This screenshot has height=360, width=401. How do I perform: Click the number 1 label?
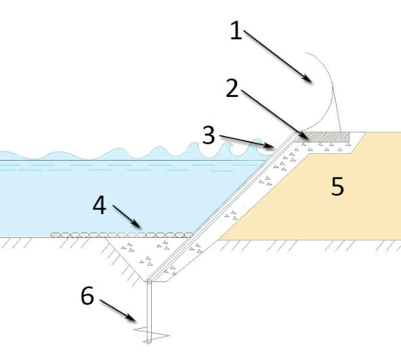[x=236, y=31]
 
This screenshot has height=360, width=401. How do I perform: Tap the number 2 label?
[x=232, y=88]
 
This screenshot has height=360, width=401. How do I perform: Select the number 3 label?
[x=209, y=135]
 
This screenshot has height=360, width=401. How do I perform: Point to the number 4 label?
[x=100, y=205]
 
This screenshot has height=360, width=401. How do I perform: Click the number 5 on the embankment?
[x=337, y=186]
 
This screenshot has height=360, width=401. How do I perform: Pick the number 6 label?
[x=87, y=295]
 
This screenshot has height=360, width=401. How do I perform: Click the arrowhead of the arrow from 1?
[x=308, y=78]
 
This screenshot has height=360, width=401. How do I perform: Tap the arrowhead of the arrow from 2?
[x=304, y=135]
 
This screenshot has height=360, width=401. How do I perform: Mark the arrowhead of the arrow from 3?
[x=270, y=146]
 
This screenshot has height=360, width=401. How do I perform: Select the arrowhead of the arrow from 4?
[x=136, y=224]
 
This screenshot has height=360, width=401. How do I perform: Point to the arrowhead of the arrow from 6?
[x=131, y=317]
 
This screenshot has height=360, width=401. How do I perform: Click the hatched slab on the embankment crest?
[x=327, y=137]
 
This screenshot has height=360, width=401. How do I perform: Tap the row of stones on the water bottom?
[x=122, y=235]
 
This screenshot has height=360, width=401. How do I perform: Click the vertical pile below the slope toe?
[x=149, y=311]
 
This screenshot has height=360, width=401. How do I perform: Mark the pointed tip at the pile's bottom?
[x=148, y=343]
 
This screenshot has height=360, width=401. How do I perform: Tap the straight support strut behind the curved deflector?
[x=337, y=109]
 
